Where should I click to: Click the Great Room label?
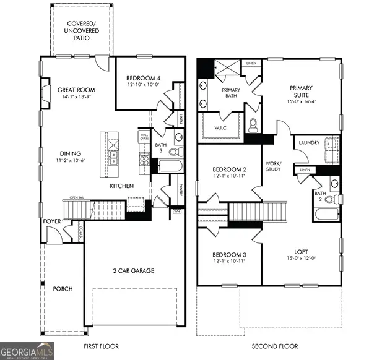coord(76,89)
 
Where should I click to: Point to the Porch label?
coord(63,289)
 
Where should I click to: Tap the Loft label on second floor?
coord(301,251)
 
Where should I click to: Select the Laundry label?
coord(309,143)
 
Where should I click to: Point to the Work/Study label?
coord(274,166)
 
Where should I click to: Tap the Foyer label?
coord(51,221)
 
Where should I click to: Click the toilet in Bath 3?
coord(174,152)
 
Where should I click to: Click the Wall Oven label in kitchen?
coord(144,137)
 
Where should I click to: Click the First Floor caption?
coord(101,346)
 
